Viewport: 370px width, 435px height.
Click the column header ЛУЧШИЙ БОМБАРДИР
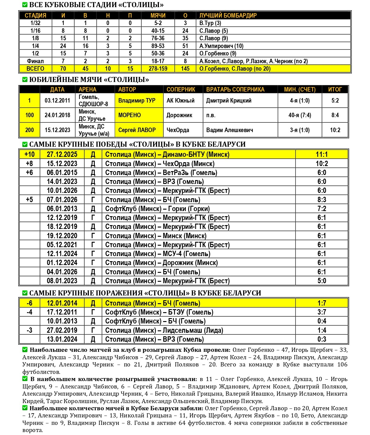[x=228, y=16]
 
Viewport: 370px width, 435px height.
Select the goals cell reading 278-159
[x=158, y=69]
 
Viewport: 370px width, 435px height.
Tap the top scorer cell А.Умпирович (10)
[x=221, y=46]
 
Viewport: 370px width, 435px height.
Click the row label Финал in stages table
[x=35, y=61]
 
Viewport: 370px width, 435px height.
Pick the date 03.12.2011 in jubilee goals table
[x=57, y=100]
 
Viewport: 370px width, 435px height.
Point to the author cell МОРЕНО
[x=129, y=115]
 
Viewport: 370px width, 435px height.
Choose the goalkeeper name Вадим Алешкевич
[x=230, y=130]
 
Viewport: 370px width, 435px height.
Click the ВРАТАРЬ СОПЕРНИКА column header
[x=235, y=89]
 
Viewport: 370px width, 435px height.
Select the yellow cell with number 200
[x=30, y=130]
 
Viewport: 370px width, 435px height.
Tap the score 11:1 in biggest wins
[x=322, y=154]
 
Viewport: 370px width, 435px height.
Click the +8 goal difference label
[x=30, y=163]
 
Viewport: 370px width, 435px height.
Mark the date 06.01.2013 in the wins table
[x=62, y=209]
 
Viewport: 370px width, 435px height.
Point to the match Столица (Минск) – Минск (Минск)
[x=156, y=236]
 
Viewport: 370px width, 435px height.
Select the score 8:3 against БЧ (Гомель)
[x=322, y=200]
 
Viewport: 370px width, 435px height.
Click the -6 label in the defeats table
[x=30, y=303]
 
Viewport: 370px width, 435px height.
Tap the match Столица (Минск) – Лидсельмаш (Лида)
[x=164, y=330]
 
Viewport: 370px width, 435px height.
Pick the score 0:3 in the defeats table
[x=322, y=339]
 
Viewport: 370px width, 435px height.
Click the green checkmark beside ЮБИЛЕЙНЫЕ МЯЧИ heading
[x=25, y=80]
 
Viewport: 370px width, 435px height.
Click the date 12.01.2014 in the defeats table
[x=62, y=303]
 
